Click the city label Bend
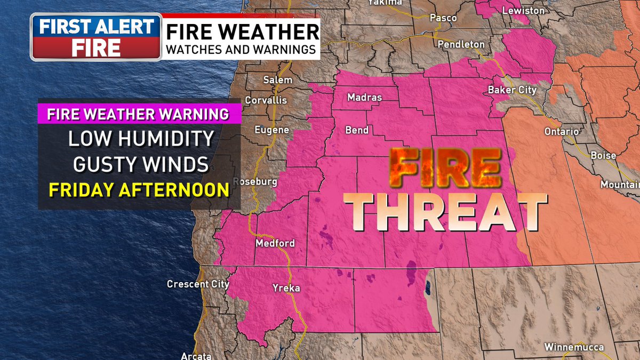(x=357, y=130)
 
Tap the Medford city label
(x=275, y=244)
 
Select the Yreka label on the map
(x=286, y=289)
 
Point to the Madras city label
(x=364, y=98)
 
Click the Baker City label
(x=512, y=90)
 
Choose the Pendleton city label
(x=461, y=45)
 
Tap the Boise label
(x=603, y=156)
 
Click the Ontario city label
(x=562, y=131)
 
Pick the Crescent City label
(x=198, y=284)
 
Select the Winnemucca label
(x=574, y=348)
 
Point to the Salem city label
(x=278, y=80)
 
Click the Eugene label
(x=271, y=130)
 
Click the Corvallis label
(x=266, y=100)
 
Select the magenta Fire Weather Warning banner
(x=138, y=114)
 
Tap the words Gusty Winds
(x=141, y=164)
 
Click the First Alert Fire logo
(x=96, y=37)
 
